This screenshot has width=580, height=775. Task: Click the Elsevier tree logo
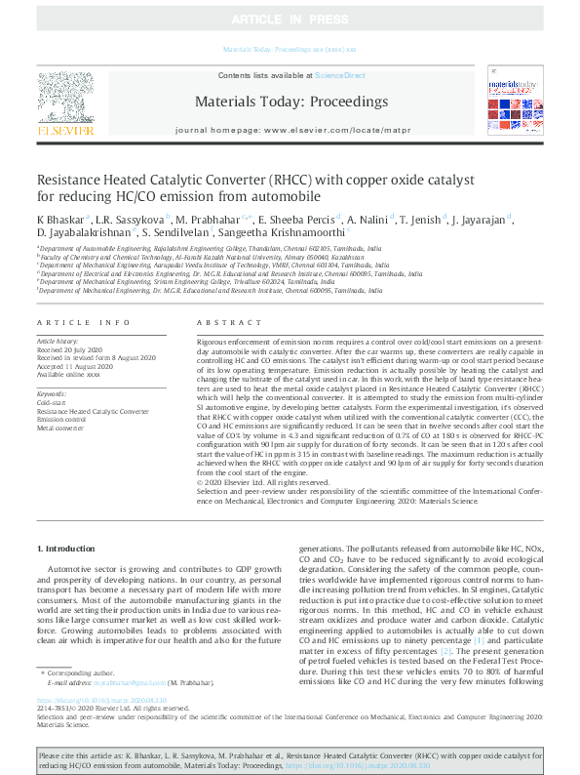(65, 96)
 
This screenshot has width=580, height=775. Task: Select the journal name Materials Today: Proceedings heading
(291, 101)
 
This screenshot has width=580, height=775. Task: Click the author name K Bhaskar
(59, 219)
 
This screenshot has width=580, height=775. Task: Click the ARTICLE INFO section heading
(84, 322)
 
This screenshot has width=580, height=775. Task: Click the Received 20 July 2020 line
(69, 348)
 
